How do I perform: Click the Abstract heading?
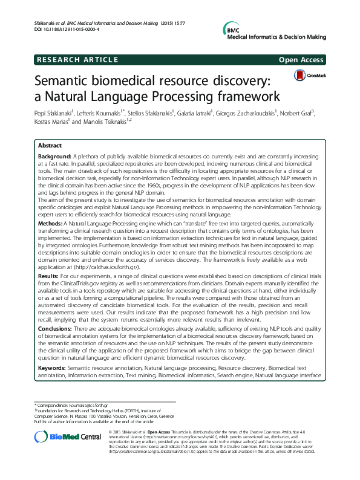click(50, 146)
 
